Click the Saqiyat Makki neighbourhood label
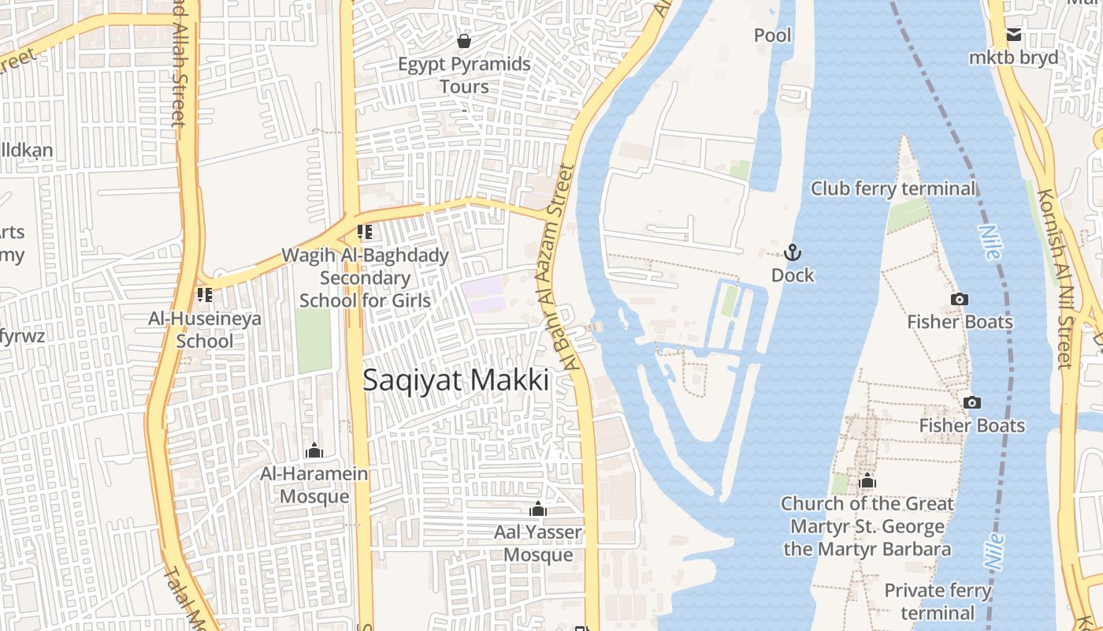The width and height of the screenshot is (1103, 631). point(455,380)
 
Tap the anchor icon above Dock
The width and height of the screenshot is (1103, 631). point(793,252)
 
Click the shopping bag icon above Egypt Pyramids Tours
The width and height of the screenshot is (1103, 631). point(464,40)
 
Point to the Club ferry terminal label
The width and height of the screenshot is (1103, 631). point(893,189)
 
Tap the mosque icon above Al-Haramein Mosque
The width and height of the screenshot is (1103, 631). point(314,450)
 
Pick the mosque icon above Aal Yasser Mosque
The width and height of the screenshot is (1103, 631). point(538,509)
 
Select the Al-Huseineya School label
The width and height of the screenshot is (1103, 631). point(205,330)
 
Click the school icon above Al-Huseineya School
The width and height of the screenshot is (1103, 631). point(205,295)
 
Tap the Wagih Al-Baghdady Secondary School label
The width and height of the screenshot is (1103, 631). point(366,278)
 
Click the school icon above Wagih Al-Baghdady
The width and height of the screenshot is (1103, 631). point(364,232)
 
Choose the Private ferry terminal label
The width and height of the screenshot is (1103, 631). point(938,601)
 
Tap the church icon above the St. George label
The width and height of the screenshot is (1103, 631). point(867,480)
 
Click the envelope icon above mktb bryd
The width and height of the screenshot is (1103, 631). point(1014,35)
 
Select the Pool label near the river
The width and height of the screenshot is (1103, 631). point(773,35)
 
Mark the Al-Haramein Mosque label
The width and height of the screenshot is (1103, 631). point(314,484)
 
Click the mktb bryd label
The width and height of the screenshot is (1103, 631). point(1013,58)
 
